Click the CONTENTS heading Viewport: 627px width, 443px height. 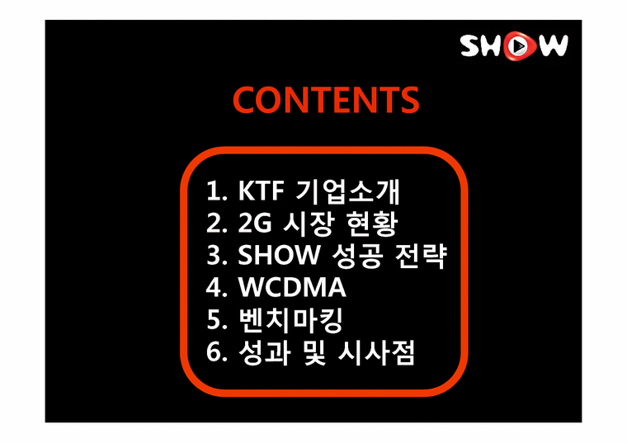[x=326, y=101]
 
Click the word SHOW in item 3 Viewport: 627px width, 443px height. [x=278, y=257]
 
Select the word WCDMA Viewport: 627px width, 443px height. [x=292, y=289]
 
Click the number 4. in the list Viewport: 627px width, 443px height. [x=216, y=289]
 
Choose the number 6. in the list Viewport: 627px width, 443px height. [x=216, y=354]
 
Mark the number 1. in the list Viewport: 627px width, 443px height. [x=216, y=192]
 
